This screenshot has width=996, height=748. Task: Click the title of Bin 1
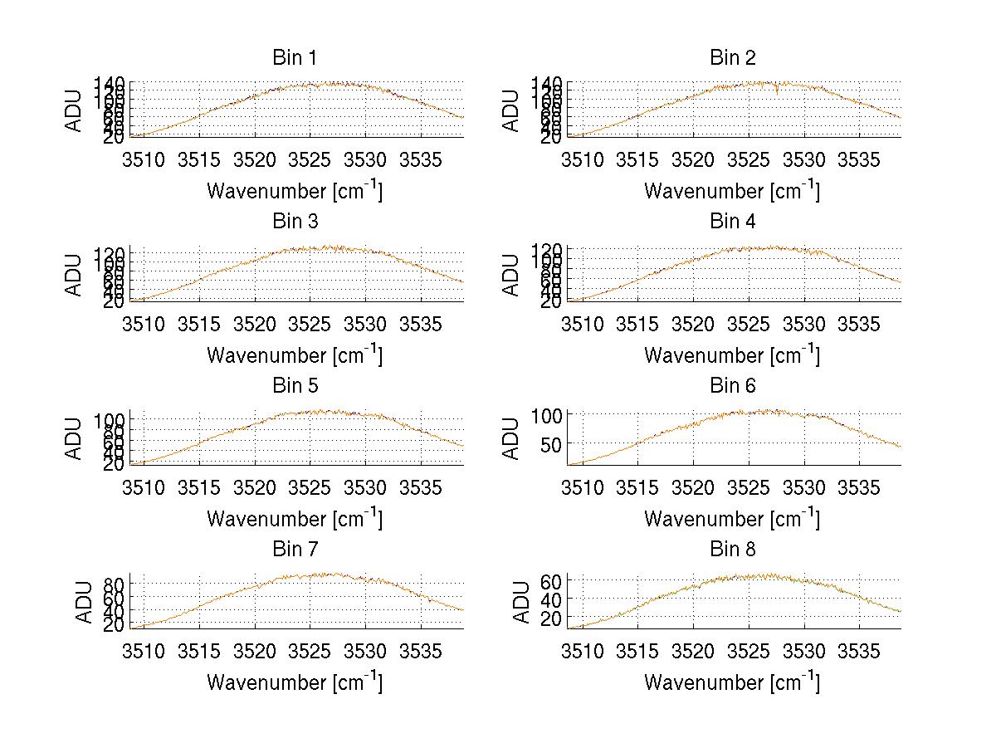[x=294, y=58]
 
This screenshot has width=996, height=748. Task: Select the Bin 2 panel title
[x=732, y=58]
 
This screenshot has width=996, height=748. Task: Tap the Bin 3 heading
[x=294, y=222]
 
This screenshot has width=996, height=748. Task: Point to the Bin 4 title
[x=732, y=222]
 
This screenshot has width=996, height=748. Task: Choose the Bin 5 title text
[x=294, y=386]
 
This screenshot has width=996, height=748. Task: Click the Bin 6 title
[x=732, y=386]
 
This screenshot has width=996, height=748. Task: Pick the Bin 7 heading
[x=294, y=550]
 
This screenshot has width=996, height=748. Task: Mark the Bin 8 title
[x=732, y=550]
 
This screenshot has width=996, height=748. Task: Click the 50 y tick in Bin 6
[x=551, y=444]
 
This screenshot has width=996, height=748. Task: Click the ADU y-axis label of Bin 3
[x=75, y=274]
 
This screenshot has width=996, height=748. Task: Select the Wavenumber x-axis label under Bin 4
[x=732, y=354]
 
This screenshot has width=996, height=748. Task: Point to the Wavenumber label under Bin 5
[x=294, y=518]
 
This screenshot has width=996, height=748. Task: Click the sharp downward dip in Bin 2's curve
[x=776, y=92]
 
